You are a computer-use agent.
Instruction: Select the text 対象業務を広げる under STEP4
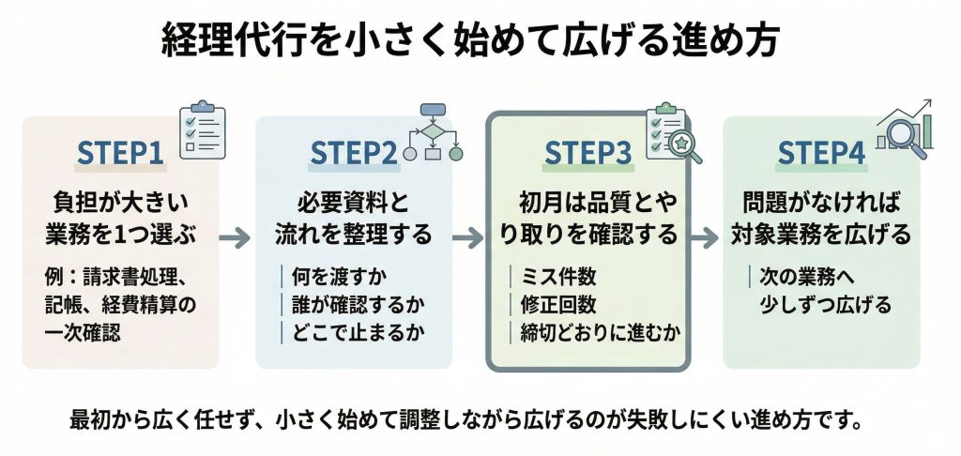click(x=821, y=235)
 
